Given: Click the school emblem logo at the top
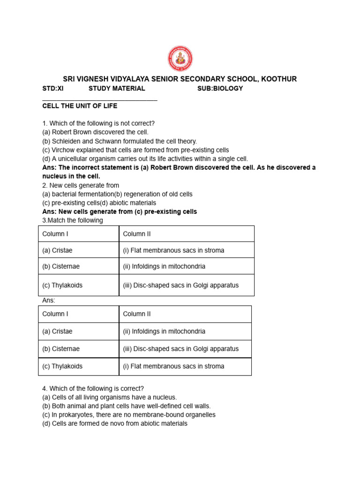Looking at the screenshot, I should click(x=180, y=59).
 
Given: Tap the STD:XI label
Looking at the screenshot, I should click(x=52, y=88).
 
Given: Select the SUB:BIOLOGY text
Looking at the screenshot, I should click(x=220, y=88).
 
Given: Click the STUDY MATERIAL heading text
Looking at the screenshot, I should click(x=117, y=88).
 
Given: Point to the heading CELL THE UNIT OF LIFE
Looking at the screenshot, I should click(x=80, y=106).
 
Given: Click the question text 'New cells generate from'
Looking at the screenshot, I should click(x=81, y=185).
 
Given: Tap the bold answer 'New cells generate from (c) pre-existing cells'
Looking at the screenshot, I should click(x=120, y=212).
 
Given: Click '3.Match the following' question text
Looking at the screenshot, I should click(x=73, y=220).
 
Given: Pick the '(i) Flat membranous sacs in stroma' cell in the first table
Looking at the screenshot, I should click(x=173, y=250).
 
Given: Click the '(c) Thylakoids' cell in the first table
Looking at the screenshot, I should click(x=62, y=285).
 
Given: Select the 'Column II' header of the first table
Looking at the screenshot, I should click(x=137, y=234).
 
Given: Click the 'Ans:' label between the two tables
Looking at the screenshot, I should click(x=49, y=300).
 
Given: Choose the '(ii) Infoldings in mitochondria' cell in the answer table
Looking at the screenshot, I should click(x=164, y=331).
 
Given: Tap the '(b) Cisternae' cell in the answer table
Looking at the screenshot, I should click(x=61, y=349).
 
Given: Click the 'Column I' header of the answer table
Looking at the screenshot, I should click(x=55, y=314).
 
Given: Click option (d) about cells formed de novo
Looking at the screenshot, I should click(x=115, y=423).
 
